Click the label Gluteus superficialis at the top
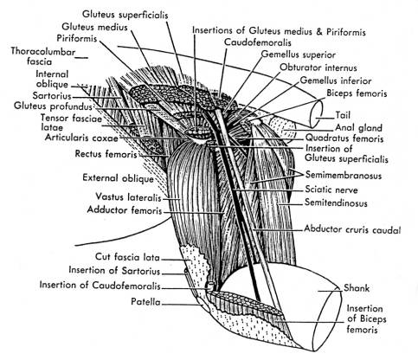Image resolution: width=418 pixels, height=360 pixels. click(x=125, y=15)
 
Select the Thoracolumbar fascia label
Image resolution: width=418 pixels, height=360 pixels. click(x=43, y=56)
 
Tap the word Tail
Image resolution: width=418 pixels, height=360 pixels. click(x=343, y=115)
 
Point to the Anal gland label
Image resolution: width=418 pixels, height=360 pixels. click(x=358, y=127)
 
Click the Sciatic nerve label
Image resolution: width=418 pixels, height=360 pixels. click(x=331, y=190)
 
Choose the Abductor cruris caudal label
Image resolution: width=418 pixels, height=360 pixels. click(x=352, y=229)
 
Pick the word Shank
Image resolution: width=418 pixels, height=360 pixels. click(x=357, y=288)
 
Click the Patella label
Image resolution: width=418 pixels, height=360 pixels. click(x=145, y=302)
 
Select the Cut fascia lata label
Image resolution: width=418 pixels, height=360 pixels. click(x=127, y=257)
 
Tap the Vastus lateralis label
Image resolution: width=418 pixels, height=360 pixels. click(x=128, y=197)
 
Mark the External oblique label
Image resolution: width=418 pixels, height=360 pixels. click(x=118, y=178)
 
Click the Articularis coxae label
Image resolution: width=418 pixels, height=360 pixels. click(x=81, y=138)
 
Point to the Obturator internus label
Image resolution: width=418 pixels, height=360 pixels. click(x=318, y=67)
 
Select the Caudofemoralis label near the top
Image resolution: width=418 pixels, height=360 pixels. click(x=258, y=42)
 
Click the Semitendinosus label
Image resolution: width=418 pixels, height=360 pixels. click(x=336, y=202)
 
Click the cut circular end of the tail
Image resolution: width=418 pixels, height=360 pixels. click(x=316, y=113)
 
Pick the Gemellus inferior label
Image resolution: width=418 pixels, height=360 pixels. click(x=336, y=80)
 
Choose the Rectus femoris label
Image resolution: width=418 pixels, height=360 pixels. click(x=106, y=154)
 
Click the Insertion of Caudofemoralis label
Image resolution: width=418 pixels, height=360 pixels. click(x=100, y=285)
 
